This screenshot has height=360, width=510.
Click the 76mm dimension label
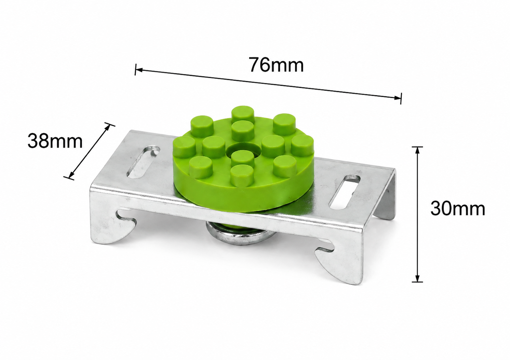click(276, 65)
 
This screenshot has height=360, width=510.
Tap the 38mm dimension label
click(55, 141)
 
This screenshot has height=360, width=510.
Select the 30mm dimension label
click(458, 209)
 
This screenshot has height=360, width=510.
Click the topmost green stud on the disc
click(243, 114)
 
